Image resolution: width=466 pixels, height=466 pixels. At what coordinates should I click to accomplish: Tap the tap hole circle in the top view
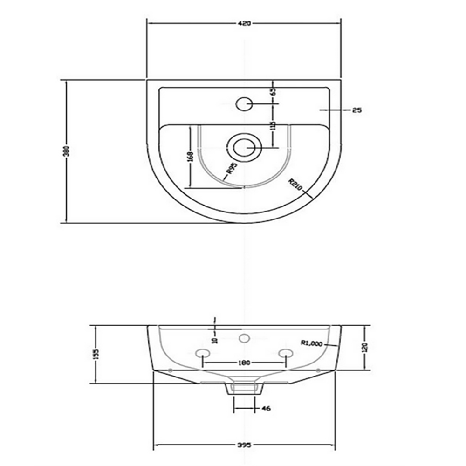click(x=244, y=103)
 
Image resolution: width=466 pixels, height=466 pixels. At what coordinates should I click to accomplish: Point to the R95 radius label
click(x=232, y=169)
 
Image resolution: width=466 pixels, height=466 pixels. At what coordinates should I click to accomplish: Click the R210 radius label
click(x=296, y=185)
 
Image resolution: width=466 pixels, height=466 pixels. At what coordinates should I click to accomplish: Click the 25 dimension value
click(x=357, y=110)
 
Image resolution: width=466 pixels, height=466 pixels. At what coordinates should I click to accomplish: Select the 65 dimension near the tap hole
click(x=274, y=91)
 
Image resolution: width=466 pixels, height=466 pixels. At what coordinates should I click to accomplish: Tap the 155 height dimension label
click(x=96, y=355)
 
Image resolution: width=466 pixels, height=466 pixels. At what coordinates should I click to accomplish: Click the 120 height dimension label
click(x=365, y=347)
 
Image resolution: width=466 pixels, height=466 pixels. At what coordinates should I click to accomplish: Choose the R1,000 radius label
click(x=312, y=343)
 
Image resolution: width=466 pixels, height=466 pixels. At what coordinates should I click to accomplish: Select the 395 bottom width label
click(x=244, y=445)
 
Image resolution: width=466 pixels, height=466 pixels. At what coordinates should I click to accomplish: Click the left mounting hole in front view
click(x=202, y=354)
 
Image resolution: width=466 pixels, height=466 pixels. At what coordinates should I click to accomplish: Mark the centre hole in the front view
click(x=243, y=338)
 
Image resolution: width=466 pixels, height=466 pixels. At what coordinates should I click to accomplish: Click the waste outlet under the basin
click(x=244, y=388)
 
